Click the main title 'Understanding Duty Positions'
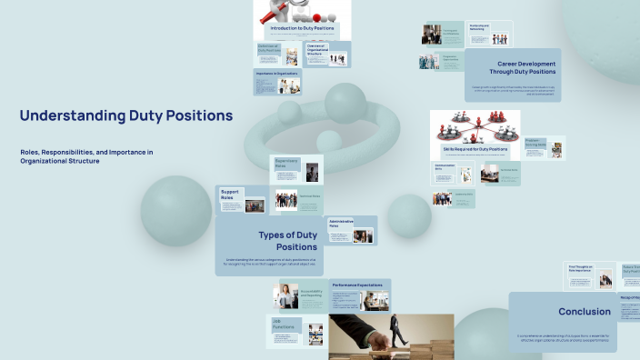125,116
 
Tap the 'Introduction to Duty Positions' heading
301,29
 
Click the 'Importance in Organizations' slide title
276,73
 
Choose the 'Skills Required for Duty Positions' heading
475,148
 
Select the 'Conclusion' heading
584,312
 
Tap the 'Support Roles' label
229,195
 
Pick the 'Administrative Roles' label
340,224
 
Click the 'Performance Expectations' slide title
357,285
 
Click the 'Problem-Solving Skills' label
535,142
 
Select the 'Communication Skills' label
445,167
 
